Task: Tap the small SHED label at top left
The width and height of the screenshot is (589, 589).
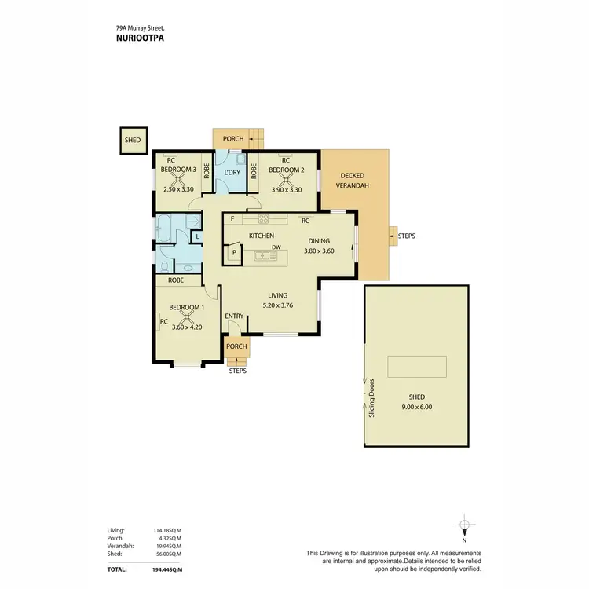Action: point(133,141)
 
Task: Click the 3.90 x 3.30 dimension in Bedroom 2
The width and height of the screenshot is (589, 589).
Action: point(286,189)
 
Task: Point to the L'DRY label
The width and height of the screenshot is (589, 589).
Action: point(232,173)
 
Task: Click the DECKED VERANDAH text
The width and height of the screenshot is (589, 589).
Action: point(354,181)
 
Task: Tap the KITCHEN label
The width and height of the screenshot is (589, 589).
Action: point(261,236)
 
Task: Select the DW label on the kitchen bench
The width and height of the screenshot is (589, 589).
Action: point(276,247)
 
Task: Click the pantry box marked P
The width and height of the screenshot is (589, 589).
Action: point(233,253)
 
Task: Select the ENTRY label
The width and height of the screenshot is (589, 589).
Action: point(234,316)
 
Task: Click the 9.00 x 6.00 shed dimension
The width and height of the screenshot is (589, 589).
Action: point(416,407)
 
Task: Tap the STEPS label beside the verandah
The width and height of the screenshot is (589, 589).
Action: point(408,235)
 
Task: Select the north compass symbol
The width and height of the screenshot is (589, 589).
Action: point(465,527)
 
